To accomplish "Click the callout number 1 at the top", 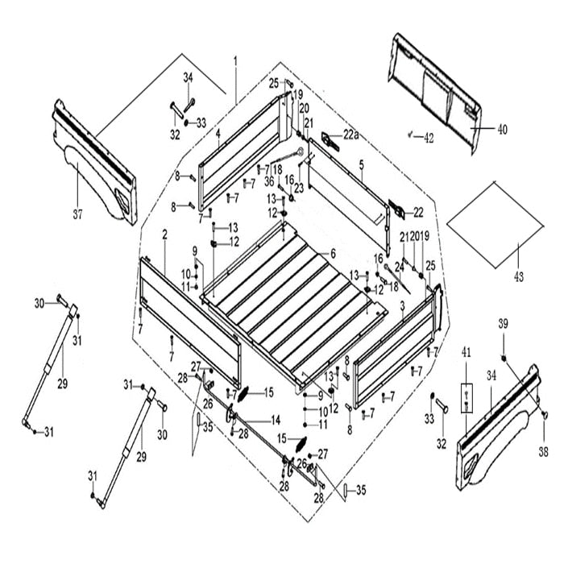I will pos(235,61).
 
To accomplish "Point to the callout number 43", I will pos(518,276).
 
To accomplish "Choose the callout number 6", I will pos(332,254).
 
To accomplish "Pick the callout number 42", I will pos(429,137).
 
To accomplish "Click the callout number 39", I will pos(503,325).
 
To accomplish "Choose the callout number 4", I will pos(218,132).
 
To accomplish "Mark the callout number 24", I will pos(398,267).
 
